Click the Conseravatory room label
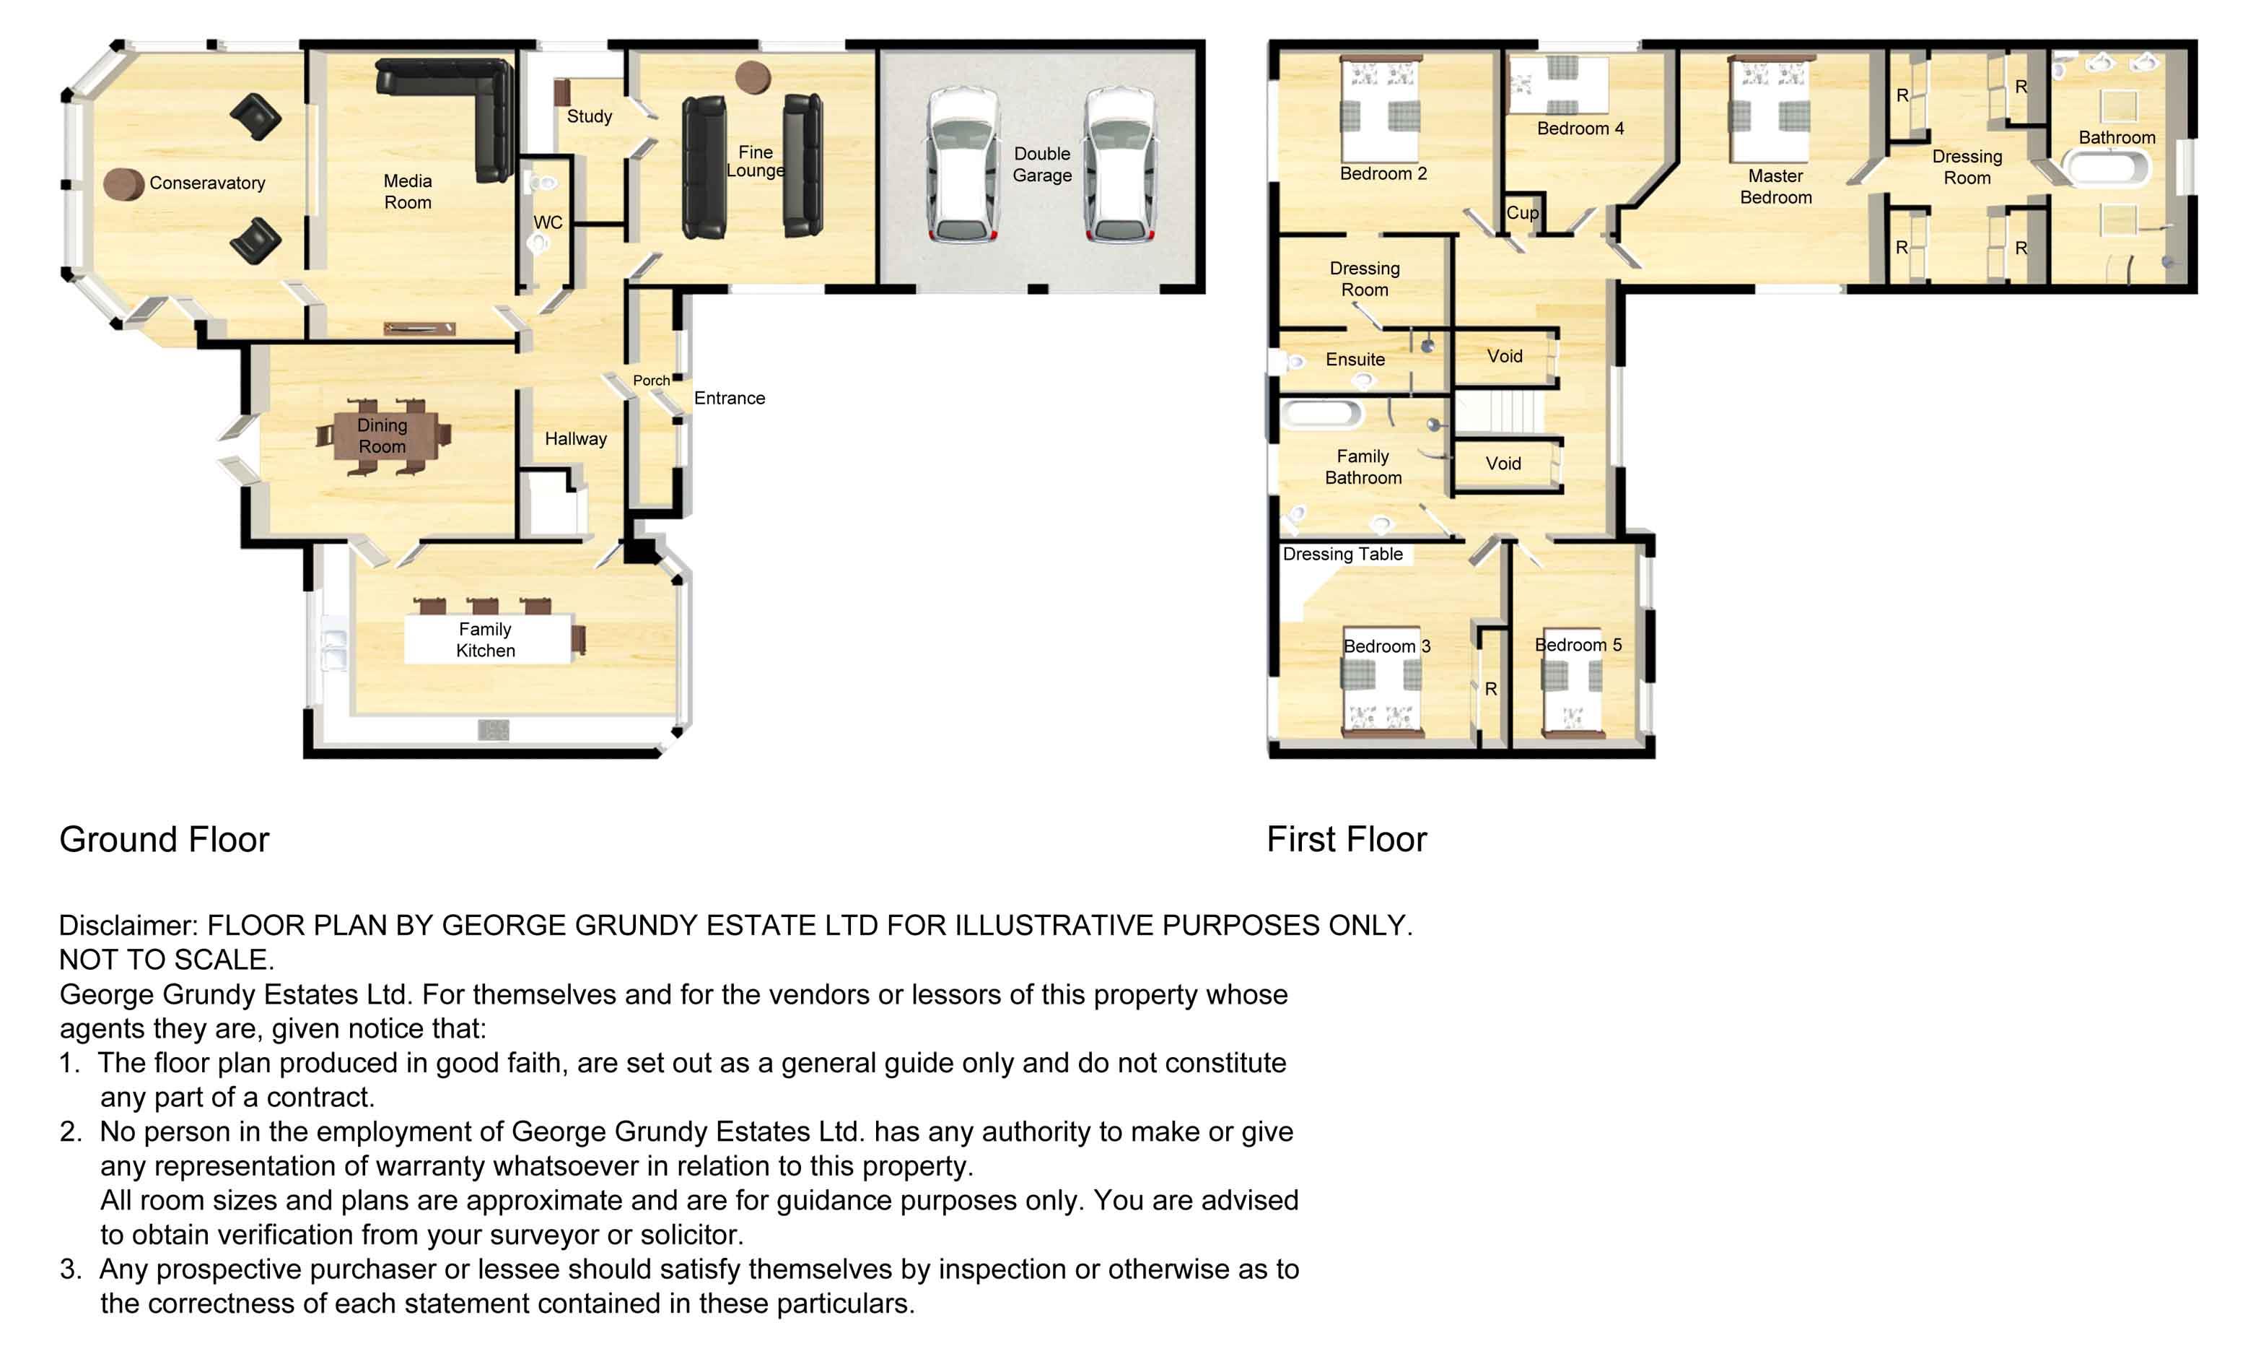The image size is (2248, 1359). click(207, 183)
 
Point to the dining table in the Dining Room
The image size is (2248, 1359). click(383, 436)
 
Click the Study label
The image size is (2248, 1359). click(590, 116)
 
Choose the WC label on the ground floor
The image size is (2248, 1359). click(548, 222)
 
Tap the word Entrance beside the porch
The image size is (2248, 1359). click(729, 398)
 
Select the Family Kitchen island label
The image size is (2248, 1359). click(486, 640)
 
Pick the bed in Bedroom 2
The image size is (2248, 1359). click(1381, 110)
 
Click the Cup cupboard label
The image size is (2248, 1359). click(1522, 212)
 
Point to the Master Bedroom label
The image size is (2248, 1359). click(1775, 186)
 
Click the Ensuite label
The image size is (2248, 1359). click(1355, 360)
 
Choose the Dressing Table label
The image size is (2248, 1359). click(1342, 554)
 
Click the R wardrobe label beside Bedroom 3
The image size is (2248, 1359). click(1491, 689)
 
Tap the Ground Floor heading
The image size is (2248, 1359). click(165, 840)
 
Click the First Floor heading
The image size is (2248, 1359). click(1347, 840)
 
